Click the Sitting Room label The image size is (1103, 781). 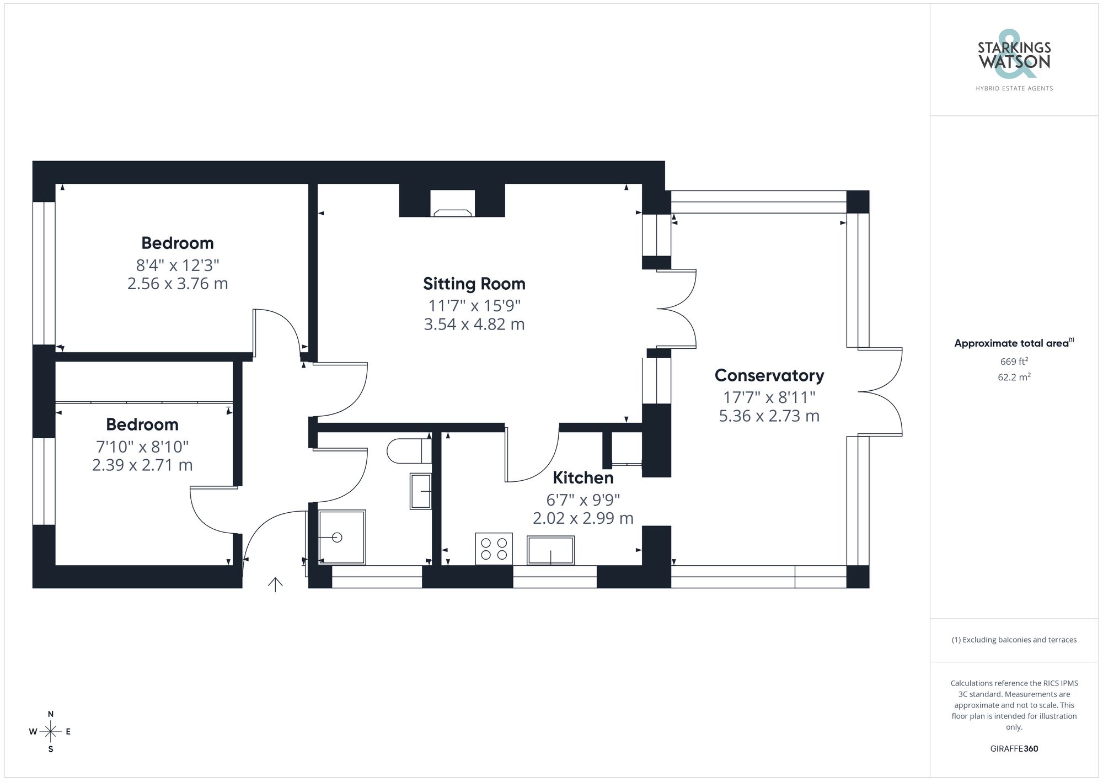(474, 284)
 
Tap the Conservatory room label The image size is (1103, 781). (769, 375)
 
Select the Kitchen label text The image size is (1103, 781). (583, 477)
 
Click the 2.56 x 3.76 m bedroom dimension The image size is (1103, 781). (178, 284)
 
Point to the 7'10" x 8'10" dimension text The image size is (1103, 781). (142, 446)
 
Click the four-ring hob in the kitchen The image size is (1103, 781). (494, 549)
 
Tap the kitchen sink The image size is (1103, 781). (550, 550)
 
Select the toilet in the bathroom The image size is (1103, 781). (408, 451)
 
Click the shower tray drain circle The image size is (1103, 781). (338, 537)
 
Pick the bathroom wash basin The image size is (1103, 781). (420, 491)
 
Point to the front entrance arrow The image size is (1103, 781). (275, 584)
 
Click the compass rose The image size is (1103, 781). (50, 732)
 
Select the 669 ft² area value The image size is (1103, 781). (1014, 362)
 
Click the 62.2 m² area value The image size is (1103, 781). (1014, 378)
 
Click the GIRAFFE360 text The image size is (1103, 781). (1014, 748)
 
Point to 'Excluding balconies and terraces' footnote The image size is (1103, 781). (1014, 640)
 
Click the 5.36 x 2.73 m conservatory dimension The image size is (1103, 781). (769, 416)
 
